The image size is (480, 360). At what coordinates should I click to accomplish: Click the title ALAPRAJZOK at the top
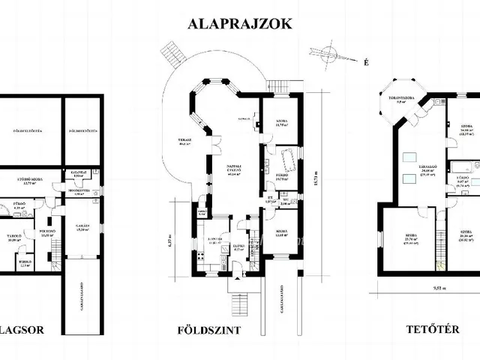coord(239,24)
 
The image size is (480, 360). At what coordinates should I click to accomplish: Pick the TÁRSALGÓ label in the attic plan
coord(408,169)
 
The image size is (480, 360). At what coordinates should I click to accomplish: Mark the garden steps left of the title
coord(170,56)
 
